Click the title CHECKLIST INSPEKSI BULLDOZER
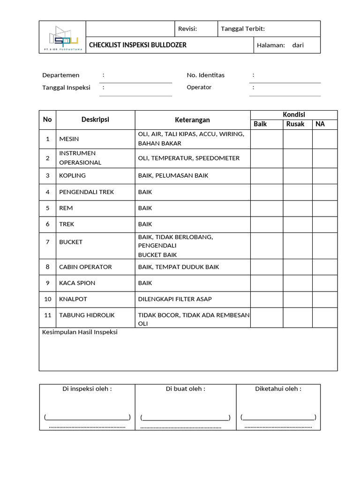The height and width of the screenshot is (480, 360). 138,45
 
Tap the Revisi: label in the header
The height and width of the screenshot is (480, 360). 187,29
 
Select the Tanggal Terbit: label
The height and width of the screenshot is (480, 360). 243,29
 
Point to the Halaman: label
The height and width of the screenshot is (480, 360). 271,45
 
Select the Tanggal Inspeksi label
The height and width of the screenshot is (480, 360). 66,88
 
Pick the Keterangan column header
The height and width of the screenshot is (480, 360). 192,120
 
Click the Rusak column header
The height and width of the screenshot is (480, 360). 295,124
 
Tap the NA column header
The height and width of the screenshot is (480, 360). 320,124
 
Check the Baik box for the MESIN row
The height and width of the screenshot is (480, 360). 266,139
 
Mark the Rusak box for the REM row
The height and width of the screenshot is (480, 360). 297,208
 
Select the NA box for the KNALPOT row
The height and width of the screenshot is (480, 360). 324,299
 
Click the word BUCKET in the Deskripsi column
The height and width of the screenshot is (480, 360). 71,242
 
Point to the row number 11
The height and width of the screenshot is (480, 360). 47,315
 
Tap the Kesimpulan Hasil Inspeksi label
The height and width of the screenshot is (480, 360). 80,332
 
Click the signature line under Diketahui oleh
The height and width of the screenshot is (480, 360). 278,417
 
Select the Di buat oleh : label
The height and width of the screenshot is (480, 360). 186,389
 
